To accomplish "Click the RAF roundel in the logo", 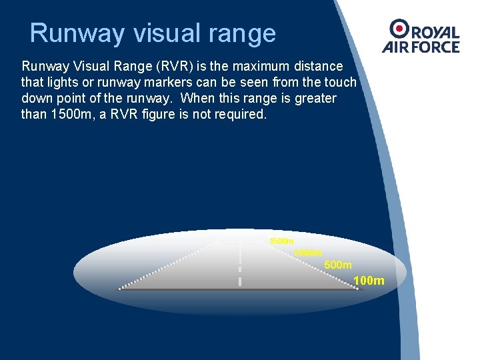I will [x=399, y=29].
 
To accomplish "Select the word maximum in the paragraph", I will [x=258, y=67].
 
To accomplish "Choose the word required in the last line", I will [x=242, y=114].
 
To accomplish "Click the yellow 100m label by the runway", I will [x=369, y=281].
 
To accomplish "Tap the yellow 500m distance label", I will [x=338, y=265].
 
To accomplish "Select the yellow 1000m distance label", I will [x=308, y=253].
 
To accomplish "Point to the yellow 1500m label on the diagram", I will [x=282, y=241].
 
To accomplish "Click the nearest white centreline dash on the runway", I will [x=239, y=281].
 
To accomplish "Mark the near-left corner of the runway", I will [x=120, y=289].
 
